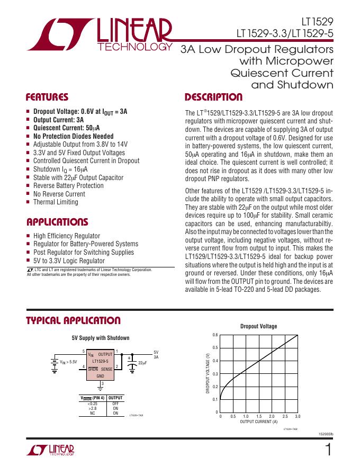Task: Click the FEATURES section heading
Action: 47,97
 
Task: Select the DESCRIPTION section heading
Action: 213,97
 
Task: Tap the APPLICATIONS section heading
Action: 57,222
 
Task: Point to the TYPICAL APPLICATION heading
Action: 74,320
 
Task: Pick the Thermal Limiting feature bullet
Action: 56,202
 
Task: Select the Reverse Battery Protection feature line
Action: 68,186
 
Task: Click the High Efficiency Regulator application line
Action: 66,236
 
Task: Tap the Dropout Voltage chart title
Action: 258,327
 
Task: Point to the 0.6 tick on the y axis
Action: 215,335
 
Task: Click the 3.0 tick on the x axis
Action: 298,417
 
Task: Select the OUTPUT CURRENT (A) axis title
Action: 258,422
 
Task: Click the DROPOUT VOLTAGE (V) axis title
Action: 208,373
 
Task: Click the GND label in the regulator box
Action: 100,375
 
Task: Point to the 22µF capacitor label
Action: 142,363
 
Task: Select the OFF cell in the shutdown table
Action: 115,404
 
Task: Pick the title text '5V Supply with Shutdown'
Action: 101,338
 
